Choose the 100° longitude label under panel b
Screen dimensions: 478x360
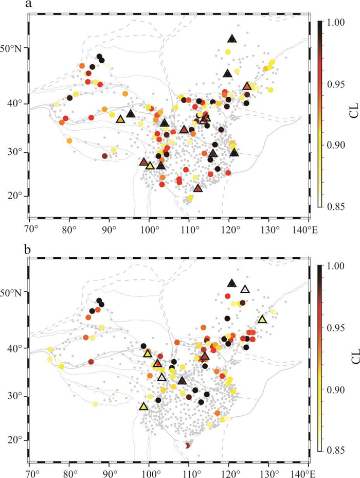tap(149, 472)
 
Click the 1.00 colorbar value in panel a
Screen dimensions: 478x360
tap(337, 23)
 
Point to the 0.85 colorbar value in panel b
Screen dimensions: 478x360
tap(337, 450)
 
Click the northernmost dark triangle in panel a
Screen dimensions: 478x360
tap(232, 39)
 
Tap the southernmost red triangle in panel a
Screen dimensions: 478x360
tap(198, 188)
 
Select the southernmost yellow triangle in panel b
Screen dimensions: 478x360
tap(143, 406)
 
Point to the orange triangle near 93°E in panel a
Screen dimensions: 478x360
tap(120, 119)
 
